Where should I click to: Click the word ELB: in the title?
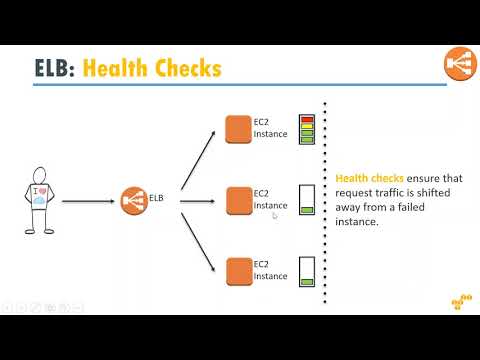[55, 68]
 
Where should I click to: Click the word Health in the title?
[115, 68]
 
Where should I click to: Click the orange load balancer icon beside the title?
[460, 64]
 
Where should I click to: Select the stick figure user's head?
[39, 175]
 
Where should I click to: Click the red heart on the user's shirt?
[43, 191]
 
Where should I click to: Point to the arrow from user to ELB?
[88, 201]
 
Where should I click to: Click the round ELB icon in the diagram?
[134, 201]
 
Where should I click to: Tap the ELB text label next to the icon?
[156, 198]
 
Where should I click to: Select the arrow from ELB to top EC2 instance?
[198, 160]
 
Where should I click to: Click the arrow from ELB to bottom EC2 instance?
[198, 242]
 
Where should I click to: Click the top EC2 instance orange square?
[238, 129]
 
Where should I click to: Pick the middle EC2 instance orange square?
[239, 201]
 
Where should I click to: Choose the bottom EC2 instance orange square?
[239, 272]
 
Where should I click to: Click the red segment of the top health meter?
[307, 119]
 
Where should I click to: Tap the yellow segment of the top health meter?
[307, 126]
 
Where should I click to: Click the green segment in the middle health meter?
[307, 210]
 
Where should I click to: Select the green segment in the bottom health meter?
[307, 282]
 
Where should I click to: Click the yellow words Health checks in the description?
[369, 178]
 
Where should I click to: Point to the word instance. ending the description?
[357, 222]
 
